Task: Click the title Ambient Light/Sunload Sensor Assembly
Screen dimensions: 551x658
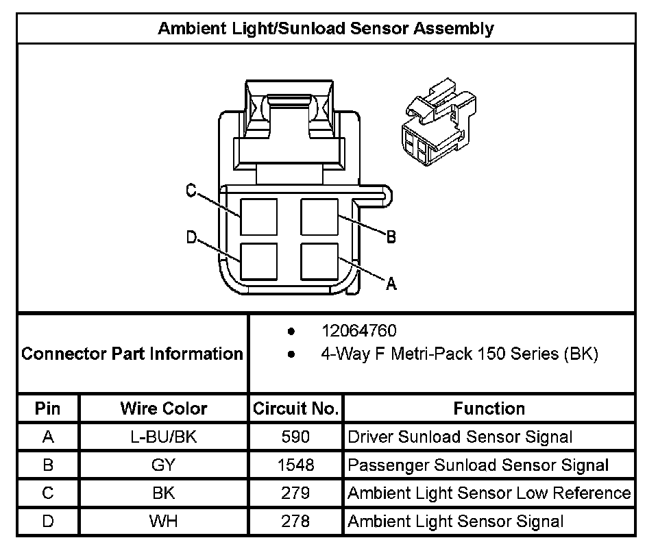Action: [x=326, y=29]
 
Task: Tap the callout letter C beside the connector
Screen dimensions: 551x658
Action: [x=192, y=191]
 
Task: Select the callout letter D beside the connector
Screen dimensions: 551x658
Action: [x=192, y=238]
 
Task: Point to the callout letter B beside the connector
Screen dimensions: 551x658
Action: [x=391, y=237]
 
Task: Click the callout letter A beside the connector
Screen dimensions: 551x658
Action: [x=391, y=283]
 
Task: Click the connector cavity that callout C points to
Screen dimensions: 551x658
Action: [x=259, y=217]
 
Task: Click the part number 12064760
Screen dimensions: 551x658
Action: [x=358, y=331]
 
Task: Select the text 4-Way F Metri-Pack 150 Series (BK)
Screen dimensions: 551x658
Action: [x=459, y=354]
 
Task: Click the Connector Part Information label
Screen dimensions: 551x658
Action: [x=132, y=354]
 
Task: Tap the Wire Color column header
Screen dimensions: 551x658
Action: [x=163, y=409]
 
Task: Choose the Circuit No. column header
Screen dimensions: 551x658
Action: [x=295, y=409]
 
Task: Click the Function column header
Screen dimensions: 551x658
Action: [x=489, y=409]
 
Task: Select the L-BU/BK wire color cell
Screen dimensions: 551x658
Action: [x=163, y=437]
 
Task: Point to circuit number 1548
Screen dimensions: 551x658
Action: [x=295, y=465]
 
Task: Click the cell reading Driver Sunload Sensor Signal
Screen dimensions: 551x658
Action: [x=460, y=437]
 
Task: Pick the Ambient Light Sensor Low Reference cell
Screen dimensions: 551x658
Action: [x=489, y=493]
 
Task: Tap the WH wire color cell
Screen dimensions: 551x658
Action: [x=163, y=522]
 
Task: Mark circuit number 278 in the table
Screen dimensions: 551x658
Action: [x=295, y=522]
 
